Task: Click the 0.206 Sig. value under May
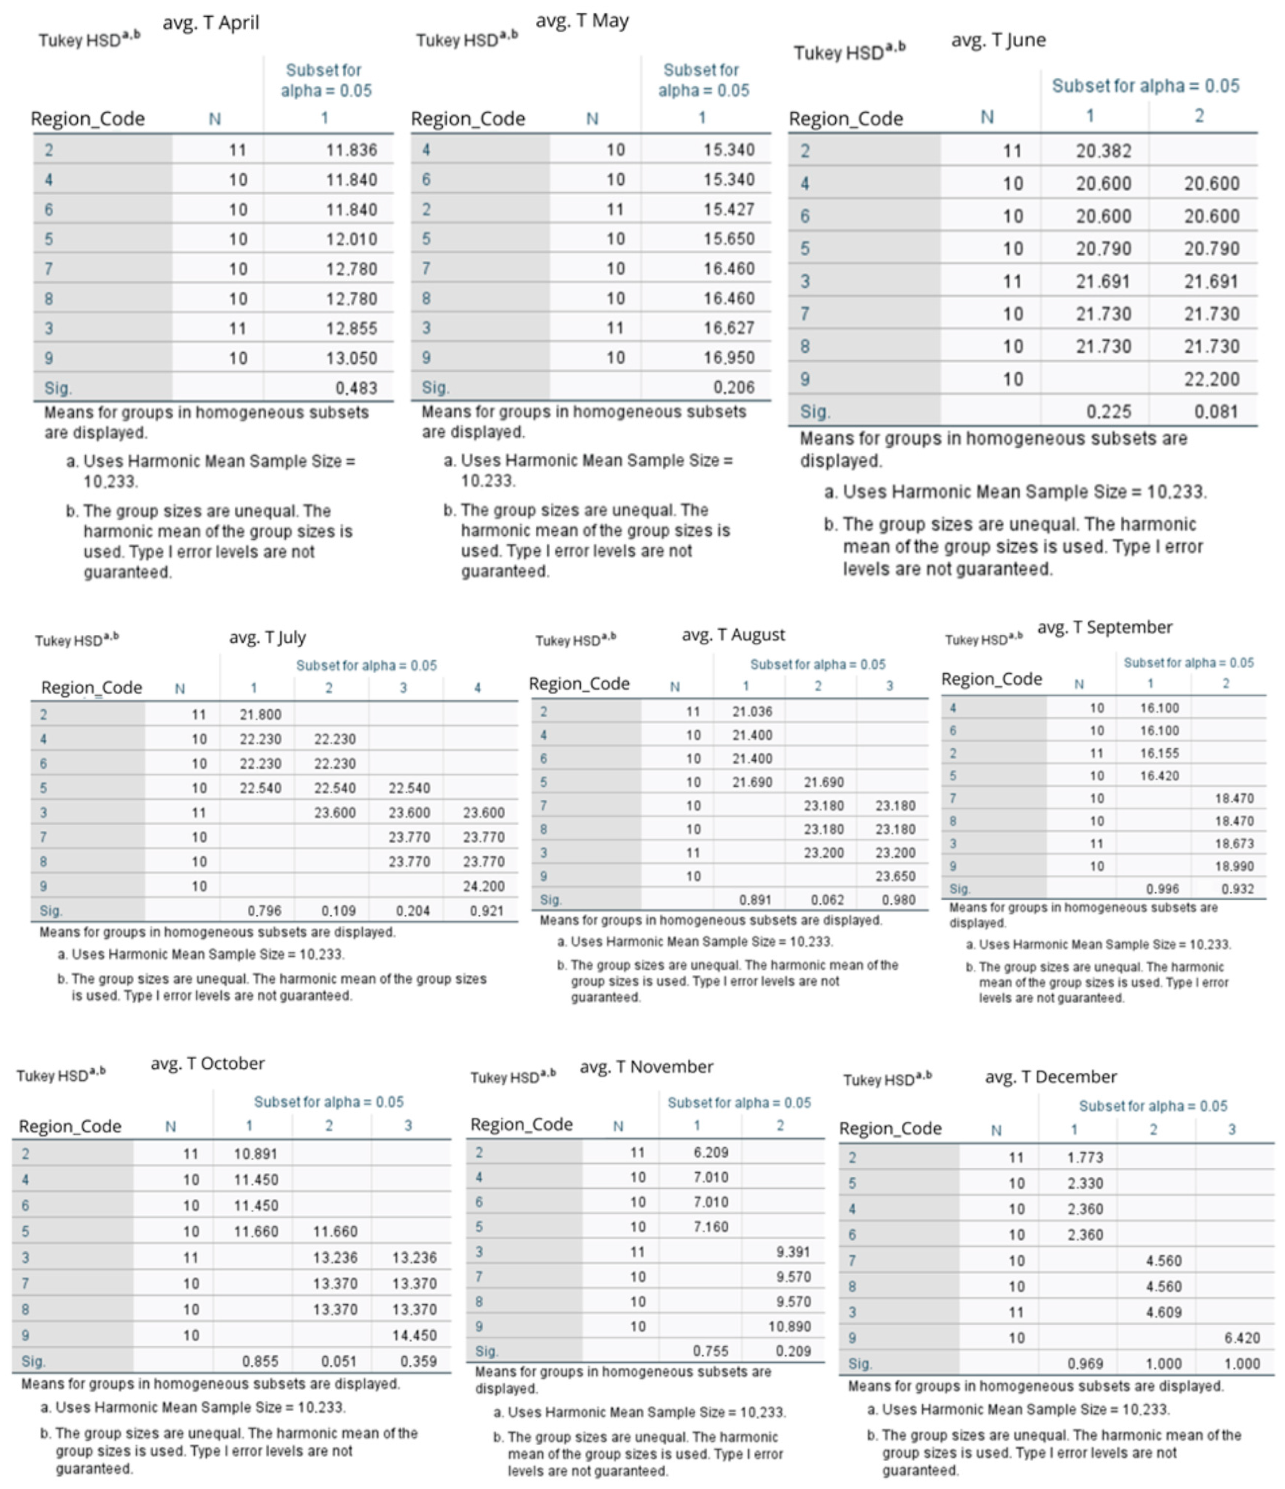coord(734,387)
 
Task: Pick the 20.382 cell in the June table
coord(1103,151)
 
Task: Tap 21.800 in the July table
coord(260,714)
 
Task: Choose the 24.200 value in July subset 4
coord(484,886)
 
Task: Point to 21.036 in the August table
coord(752,711)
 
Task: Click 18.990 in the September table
coord(1234,866)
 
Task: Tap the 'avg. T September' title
coord(1105,628)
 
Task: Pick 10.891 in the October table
coord(255,1154)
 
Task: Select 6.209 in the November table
coord(711,1152)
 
